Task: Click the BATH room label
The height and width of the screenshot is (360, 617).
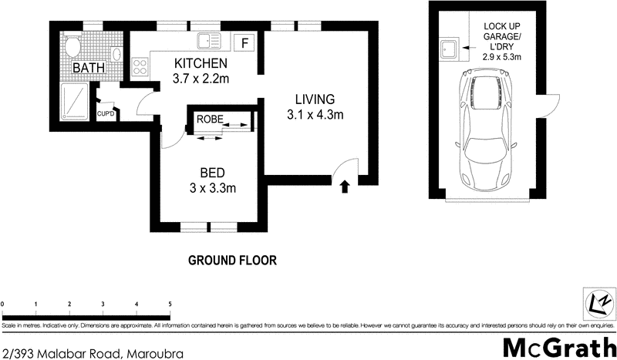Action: tap(89, 69)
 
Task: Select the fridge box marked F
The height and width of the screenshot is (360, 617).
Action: tap(244, 42)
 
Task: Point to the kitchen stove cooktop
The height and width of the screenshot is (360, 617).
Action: tap(140, 68)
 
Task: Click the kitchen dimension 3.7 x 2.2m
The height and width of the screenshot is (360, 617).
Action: tap(200, 78)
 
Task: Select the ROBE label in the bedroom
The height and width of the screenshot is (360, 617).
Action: tap(209, 119)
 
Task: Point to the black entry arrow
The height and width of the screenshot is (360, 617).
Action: tap(344, 185)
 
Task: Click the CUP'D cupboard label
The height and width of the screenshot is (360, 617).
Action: tap(106, 114)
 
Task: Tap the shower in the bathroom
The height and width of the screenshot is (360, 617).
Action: tap(76, 100)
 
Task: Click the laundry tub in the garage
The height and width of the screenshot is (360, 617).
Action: tap(448, 51)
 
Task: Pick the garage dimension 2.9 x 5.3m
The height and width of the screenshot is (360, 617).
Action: tap(501, 57)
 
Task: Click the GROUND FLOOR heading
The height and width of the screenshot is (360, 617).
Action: tap(232, 261)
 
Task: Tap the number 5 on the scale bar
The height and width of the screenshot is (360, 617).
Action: tap(170, 304)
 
